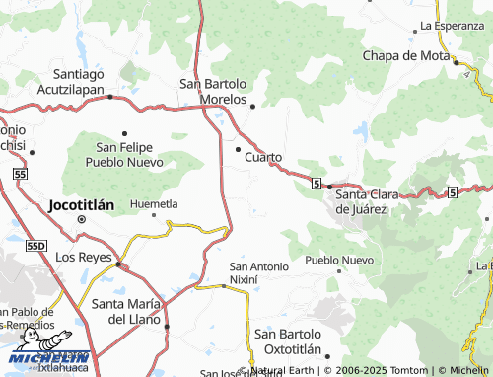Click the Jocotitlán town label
(x=81, y=205)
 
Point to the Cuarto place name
(x=263, y=157)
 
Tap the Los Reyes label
(x=80, y=257)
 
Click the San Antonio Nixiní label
(x=258, y=273)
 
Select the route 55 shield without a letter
(x=20, y=173)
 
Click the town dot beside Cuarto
(x=238, y=149)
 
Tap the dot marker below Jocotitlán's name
(x=81, y=220)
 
